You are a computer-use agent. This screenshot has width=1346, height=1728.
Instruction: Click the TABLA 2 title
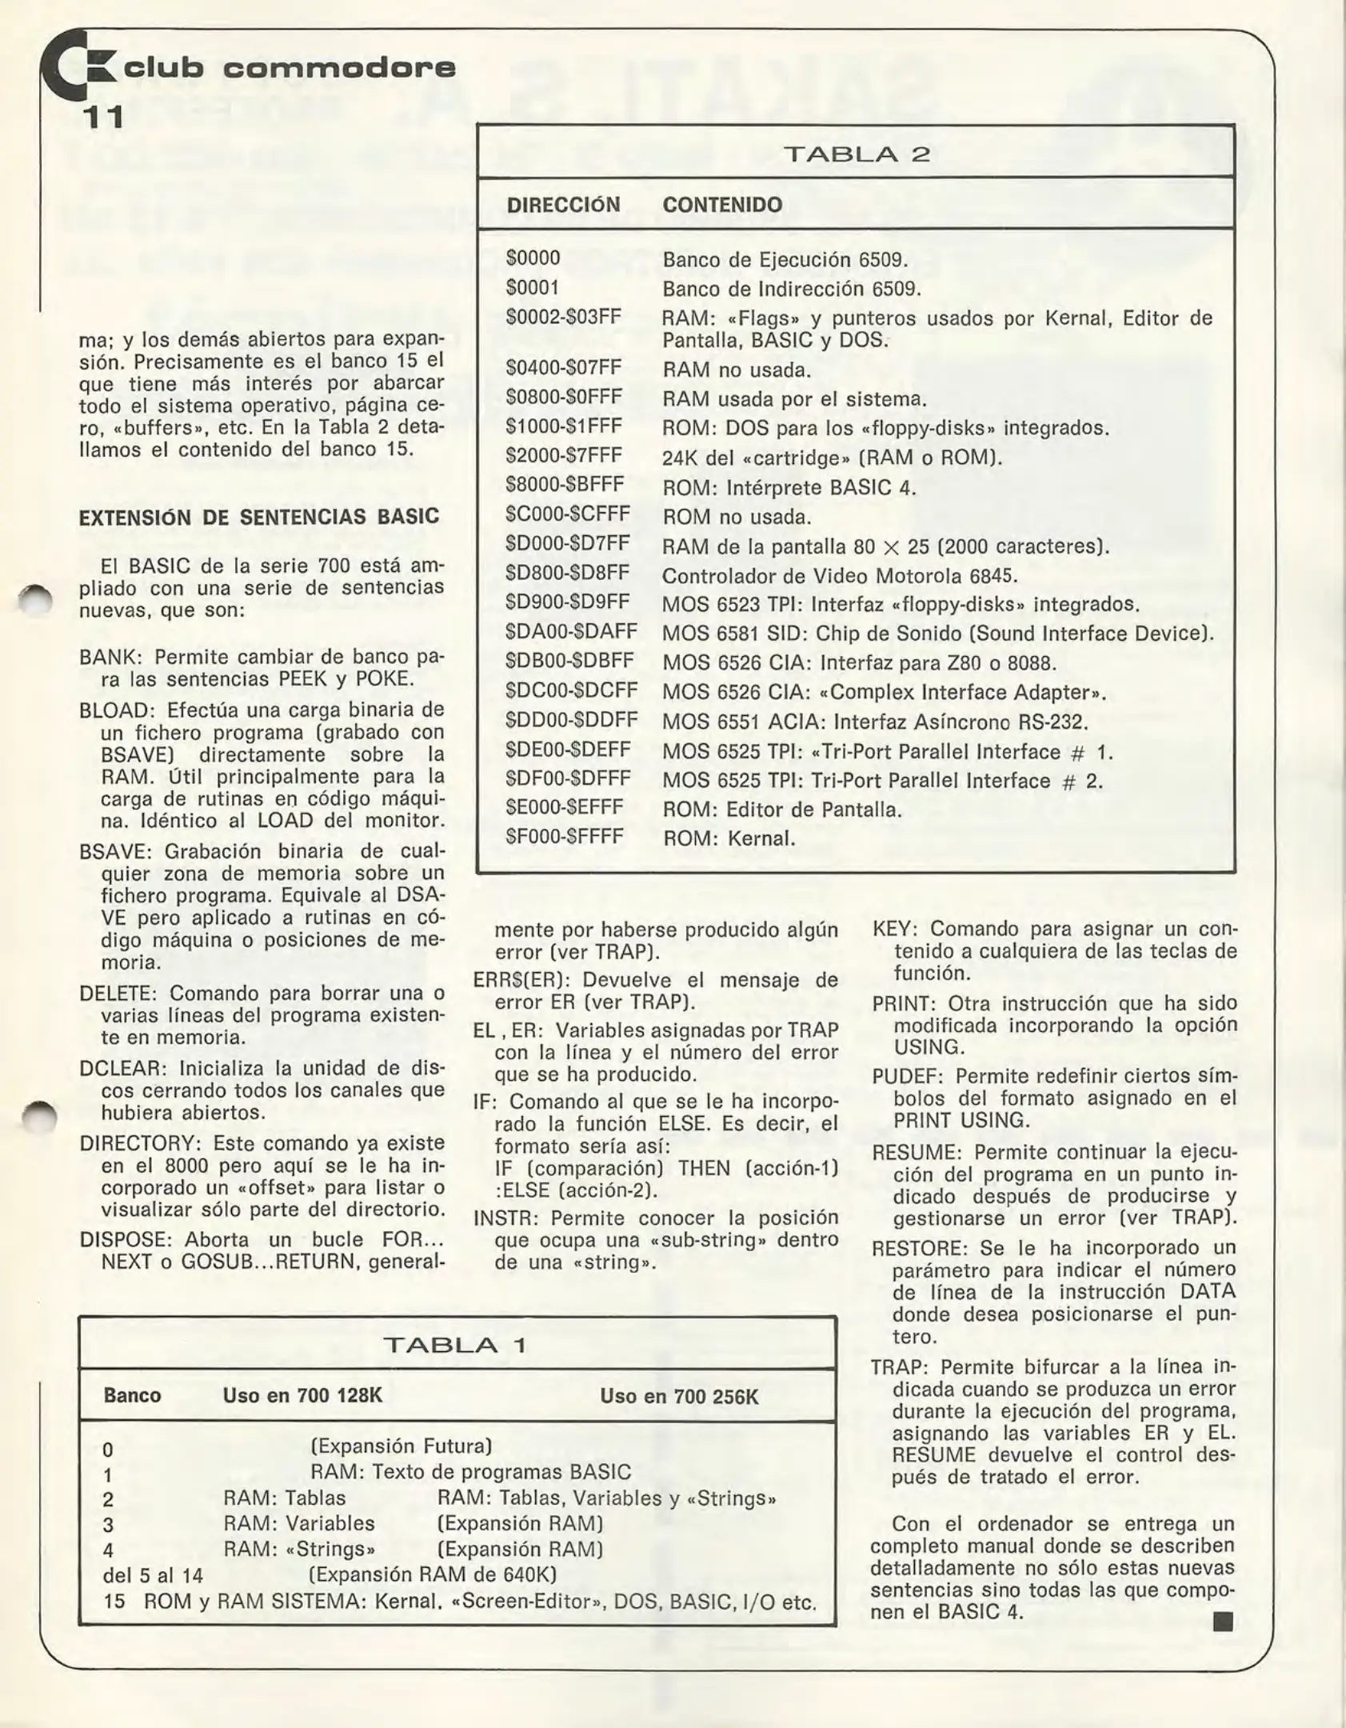point(856,154)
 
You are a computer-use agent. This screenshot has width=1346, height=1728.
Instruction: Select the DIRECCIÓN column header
point(563,205)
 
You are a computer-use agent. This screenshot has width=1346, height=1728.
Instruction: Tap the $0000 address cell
point(533,258)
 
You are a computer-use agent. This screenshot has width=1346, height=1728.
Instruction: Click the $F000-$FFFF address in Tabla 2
point(564,837)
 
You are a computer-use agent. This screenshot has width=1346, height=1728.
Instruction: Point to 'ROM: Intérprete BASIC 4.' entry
point(789,487)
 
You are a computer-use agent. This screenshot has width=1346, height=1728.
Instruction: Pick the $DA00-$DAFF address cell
point(571,632)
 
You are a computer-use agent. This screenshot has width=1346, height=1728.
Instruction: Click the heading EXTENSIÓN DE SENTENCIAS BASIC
point(259,517)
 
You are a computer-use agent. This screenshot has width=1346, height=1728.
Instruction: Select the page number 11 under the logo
point(103,118)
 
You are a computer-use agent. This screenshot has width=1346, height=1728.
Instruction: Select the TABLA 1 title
point(456,1346)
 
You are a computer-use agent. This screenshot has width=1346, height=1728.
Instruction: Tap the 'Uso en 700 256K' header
point(679,1397)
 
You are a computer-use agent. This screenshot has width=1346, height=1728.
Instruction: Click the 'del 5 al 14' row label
point(153,1576)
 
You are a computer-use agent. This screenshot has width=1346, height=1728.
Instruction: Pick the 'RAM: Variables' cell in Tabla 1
point(298,1524)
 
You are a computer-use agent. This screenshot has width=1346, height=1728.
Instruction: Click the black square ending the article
point(1222,1622)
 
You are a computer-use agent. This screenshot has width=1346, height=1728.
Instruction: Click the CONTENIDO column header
point(721,205)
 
